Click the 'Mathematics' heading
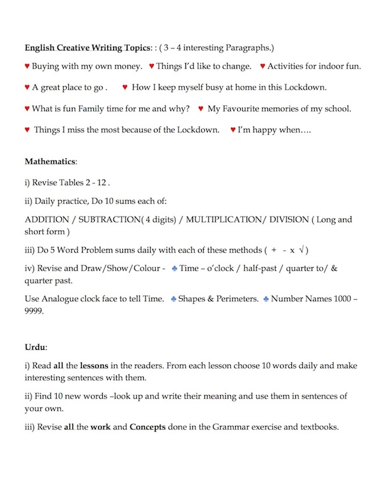coord(50,162)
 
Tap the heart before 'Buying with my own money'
coord(27,66)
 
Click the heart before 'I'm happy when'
coord(233,130)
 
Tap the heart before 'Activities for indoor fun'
coord(262,66)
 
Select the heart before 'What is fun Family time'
coord(27,108)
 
